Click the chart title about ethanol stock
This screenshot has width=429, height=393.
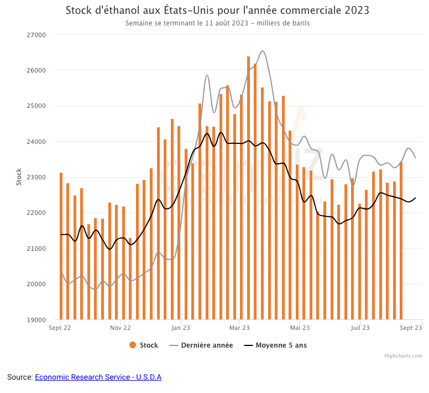pos(217,11)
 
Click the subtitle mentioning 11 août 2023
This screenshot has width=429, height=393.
pos(217,23)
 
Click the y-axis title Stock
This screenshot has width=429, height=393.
pos(19,177)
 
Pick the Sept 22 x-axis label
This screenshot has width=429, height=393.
pos(60,328)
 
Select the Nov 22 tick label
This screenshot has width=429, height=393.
pos(120,328)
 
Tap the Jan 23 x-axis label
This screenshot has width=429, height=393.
pos(181,328)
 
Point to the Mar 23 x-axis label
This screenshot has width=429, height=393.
pos(239,328)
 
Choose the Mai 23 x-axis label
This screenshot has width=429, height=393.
pos(299,328)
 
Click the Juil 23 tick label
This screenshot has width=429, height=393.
pos(360,328)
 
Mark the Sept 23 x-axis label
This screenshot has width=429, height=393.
pos(411,328)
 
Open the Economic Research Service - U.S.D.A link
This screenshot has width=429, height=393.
pos(98,377)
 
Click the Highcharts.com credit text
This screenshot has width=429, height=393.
pos(403,356)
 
